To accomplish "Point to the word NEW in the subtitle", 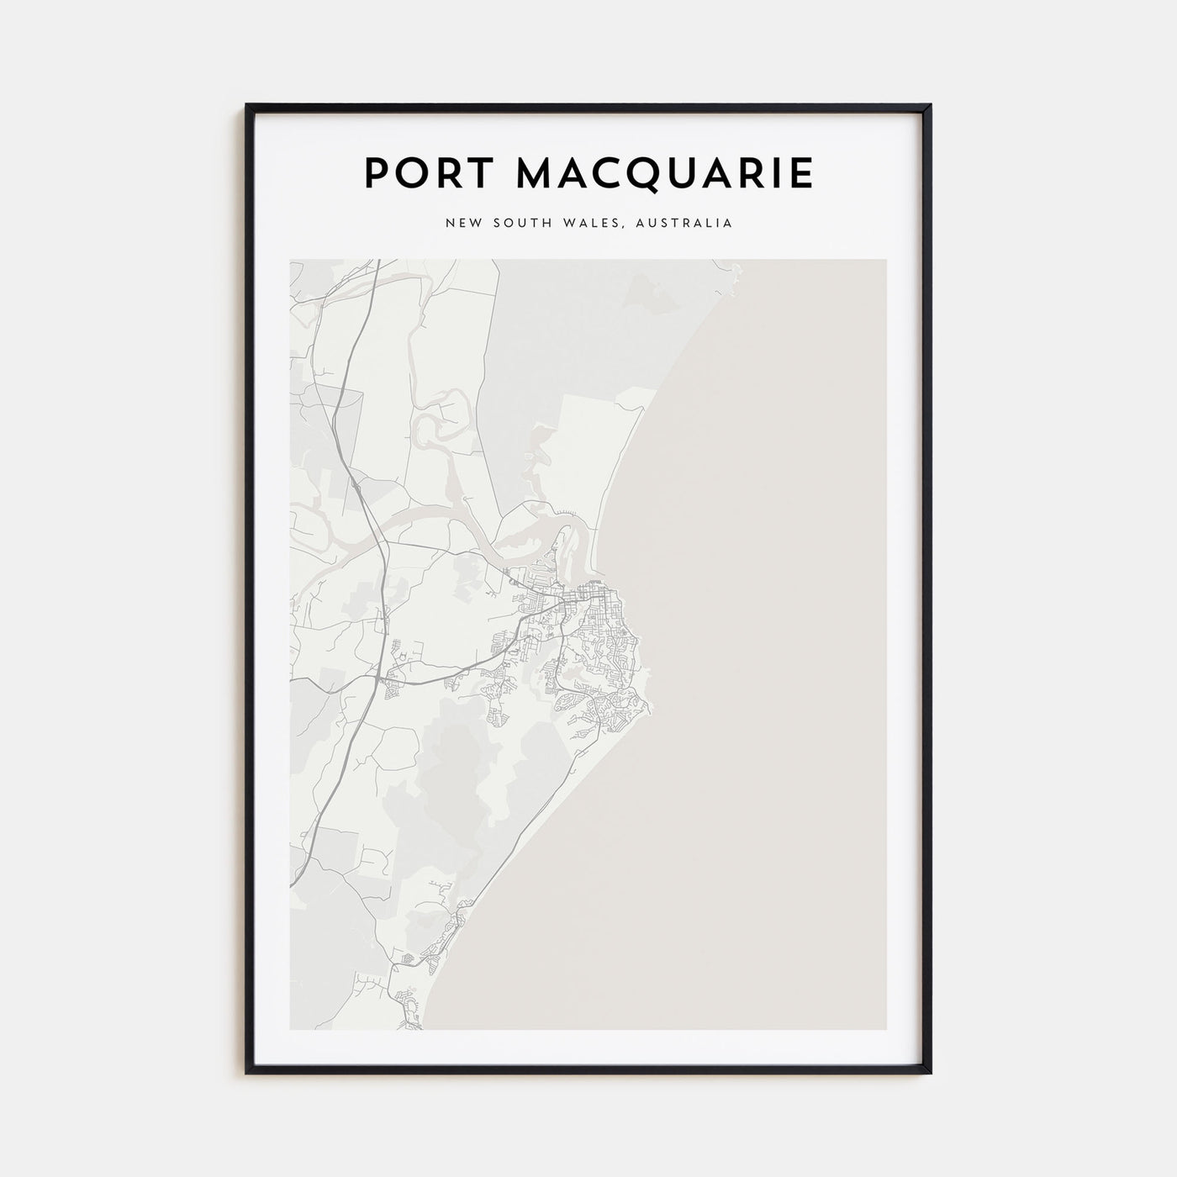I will pos(462,224).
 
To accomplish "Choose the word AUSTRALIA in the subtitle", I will pos(686,224).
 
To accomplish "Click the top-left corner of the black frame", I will pos(247,106).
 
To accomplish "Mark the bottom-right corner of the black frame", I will pos(930,1073).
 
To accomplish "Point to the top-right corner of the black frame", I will pos(930,106).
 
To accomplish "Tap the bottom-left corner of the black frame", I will pos(247,1073).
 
